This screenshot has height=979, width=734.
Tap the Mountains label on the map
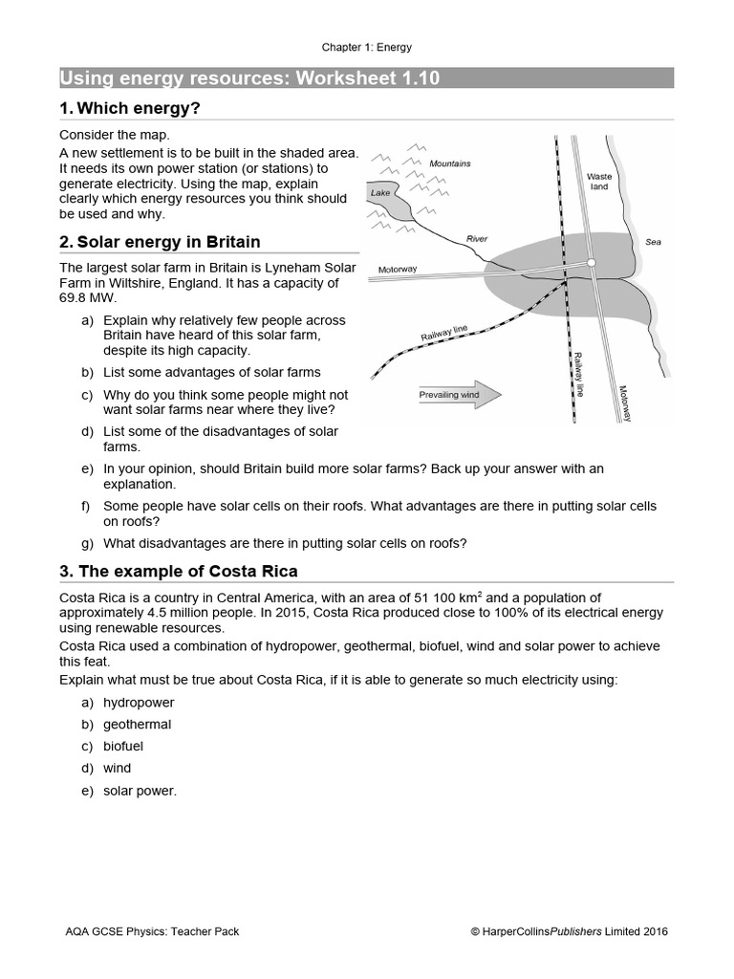(449, 163)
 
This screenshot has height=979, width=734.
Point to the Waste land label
(599, 182)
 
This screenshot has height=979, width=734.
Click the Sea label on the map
(653, 242)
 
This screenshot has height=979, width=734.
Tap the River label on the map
(476, 238)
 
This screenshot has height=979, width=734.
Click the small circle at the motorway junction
(592, 262)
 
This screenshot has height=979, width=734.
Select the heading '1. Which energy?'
(130, 108)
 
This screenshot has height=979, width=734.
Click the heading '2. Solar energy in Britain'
(160, 242)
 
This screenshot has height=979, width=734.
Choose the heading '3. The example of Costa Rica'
(179, 571)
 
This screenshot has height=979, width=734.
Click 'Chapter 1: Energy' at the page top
(367, 47)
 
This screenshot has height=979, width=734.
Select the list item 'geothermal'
(138, 725)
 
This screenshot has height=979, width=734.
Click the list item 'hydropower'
(139, 703)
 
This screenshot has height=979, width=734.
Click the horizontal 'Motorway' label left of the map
(398, 269)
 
